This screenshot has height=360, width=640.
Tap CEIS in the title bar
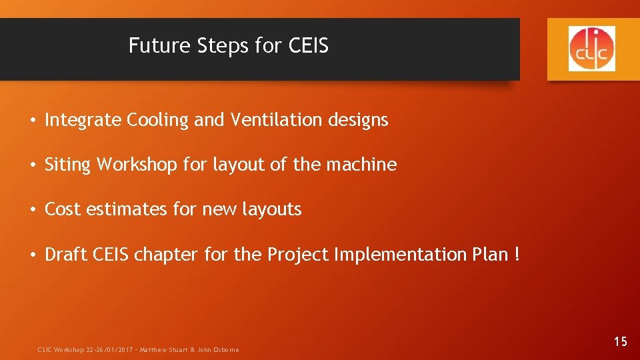click(308, 46)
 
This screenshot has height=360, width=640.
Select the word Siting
click(67, 165)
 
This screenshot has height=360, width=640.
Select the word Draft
click(64, 255)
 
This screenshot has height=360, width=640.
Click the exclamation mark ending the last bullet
click(517, 255)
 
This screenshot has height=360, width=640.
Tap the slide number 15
click(620, 342)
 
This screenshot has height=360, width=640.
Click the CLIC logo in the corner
click(592, 49)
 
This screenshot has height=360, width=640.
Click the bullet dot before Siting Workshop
click(32, 165)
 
